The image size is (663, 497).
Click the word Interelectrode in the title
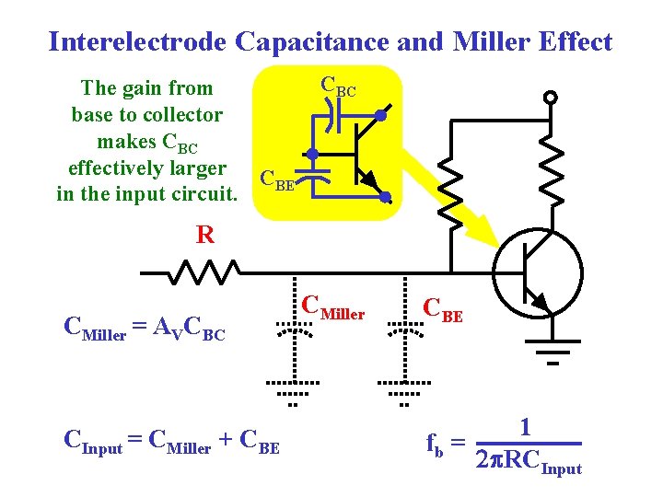[138, 41]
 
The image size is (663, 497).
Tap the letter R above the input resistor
[204, 235]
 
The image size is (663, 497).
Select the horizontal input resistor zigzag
[204, 272]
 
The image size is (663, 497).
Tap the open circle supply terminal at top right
[551, 98]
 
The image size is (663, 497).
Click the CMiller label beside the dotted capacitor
[333, 309]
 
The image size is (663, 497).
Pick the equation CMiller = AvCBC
[144, 329]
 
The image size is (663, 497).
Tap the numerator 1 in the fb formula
[524, 427]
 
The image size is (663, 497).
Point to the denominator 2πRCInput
[528, 459]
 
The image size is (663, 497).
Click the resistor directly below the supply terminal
[551, 175]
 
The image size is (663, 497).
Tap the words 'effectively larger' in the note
[146, 168]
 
